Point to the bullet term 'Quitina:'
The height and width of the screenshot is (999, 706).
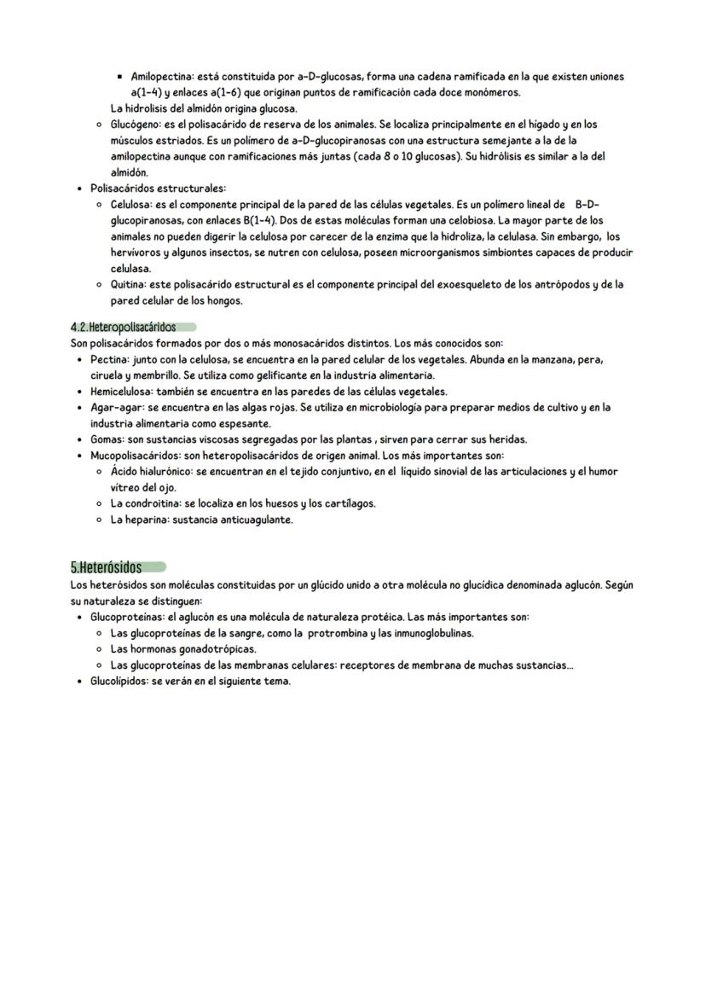coord(130,285)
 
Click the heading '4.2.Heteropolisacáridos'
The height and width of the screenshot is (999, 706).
coord(123,327)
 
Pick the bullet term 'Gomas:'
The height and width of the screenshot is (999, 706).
coord(107,440)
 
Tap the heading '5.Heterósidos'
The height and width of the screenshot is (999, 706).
coord(106,567)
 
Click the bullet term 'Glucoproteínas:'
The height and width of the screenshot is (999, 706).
coord(127,617)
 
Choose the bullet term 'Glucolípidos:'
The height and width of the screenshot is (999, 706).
coord(120,682)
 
